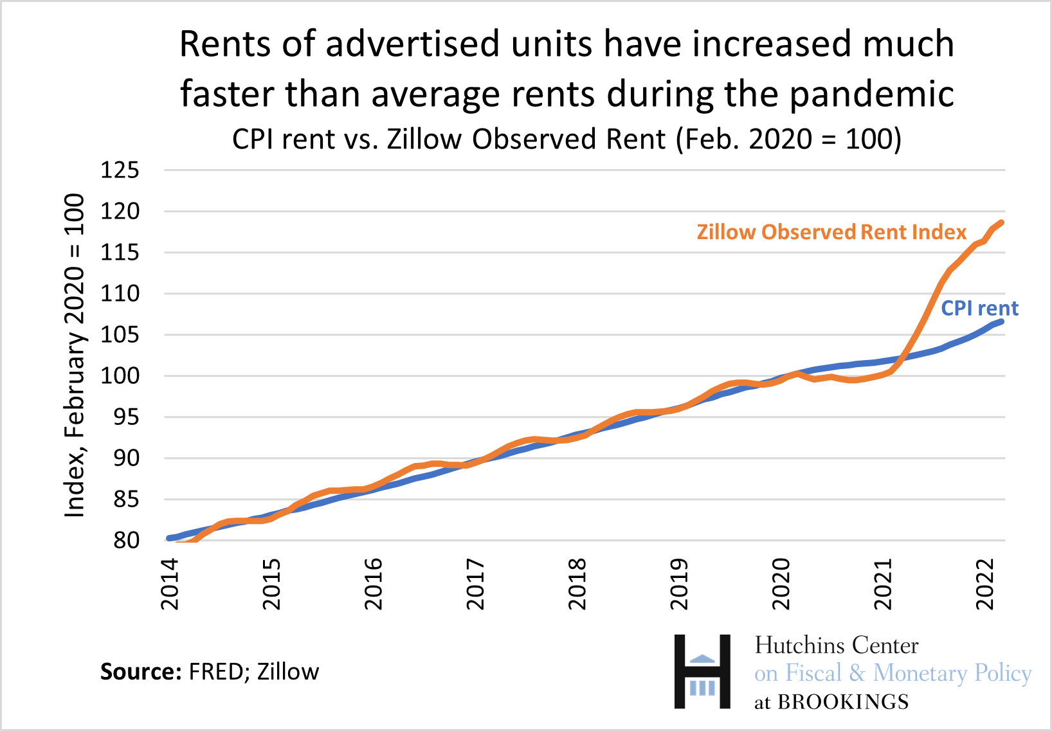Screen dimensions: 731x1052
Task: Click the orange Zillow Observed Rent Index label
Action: tap(831, 232)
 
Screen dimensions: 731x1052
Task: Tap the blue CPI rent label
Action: tap(979, 309)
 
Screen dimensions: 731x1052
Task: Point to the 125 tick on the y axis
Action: tap(120, 170)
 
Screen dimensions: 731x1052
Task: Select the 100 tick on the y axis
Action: tap(120, 376)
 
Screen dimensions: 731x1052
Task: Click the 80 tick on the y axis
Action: tap(126, 541)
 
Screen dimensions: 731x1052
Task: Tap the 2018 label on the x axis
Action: tap(577, 584)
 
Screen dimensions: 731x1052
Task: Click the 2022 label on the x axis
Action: tap(985, 584)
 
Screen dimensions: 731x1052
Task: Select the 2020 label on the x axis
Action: tap(781, 584)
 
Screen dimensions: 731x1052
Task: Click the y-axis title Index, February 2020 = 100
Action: tap(75, 355)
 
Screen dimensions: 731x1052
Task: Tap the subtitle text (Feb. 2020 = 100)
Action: tap(788, 140)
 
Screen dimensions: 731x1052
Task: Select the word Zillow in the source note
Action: tap(288, 672)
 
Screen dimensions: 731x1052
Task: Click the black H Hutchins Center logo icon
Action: tap(702, 672)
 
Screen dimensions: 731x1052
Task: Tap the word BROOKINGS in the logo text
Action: tap(843, 702)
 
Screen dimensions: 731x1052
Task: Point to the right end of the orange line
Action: tap(1001, 223)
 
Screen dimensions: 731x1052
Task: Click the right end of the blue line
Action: tap(1001, 321)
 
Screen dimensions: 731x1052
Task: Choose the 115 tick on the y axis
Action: tap(120, 253)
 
